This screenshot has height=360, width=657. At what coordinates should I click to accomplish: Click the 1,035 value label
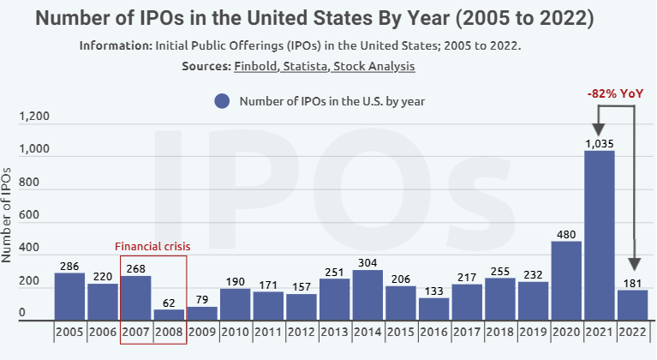click(600, 144)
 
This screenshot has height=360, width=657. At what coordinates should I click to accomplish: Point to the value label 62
click(170, 303)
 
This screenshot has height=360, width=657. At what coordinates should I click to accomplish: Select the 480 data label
click(566, 234)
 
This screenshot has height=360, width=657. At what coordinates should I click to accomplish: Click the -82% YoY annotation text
click(614, 93)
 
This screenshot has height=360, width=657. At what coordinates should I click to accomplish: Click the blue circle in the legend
click(223, 101)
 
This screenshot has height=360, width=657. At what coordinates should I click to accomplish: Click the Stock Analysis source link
click(374, 66)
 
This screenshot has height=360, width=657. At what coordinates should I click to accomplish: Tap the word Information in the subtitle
click(114, 45)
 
